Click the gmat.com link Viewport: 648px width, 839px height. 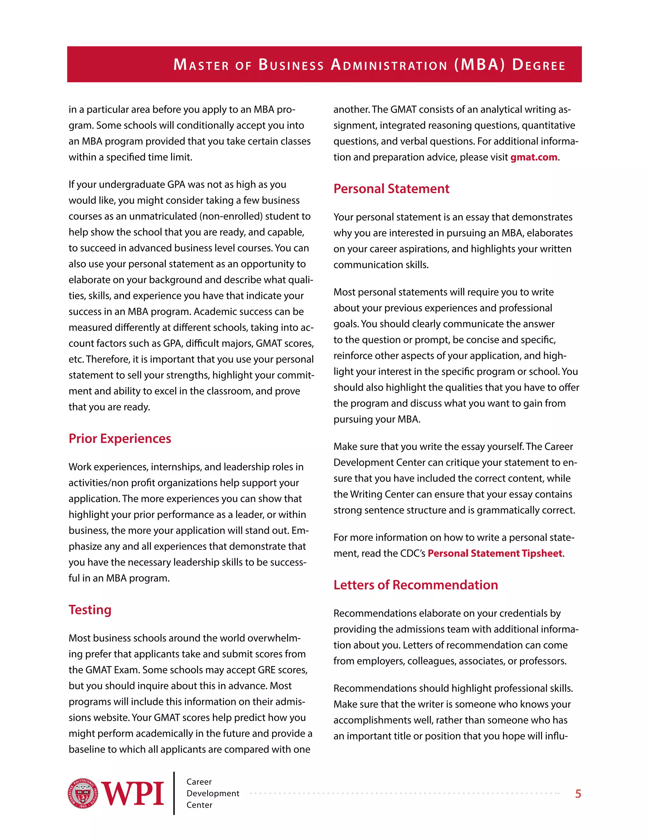533,157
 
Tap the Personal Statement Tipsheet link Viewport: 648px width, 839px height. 495,553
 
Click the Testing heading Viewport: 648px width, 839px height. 90,610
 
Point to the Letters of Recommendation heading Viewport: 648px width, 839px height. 415,585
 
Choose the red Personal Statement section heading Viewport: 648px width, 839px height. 391,189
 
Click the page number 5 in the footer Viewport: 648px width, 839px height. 578,794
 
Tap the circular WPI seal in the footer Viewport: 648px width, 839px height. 83,793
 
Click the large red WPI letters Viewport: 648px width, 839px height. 133,794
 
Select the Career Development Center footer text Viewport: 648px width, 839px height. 212,793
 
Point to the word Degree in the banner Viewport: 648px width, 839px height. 539,65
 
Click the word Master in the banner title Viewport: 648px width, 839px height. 201,65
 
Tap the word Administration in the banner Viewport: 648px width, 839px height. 389,65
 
